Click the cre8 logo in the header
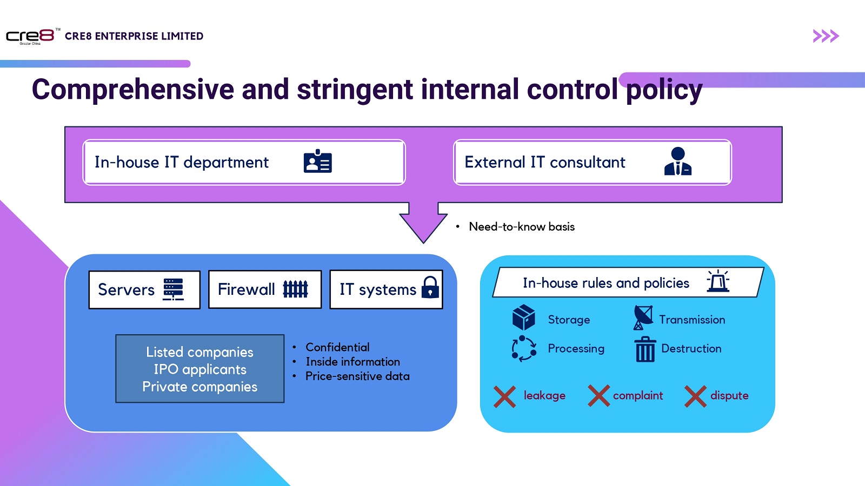tap(30, 36)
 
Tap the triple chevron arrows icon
tap(826, 36)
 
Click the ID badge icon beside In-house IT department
tap(317, 161)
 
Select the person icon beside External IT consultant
tap(677, 161)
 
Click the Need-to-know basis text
tap(521, 227)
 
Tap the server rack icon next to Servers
tap(174, 289)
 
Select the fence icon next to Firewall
tap(295, 289)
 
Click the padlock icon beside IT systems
tap(430, 287)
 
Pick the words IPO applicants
tap(200, 369)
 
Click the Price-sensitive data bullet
tap(357, 376)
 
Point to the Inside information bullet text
tap(352, 362)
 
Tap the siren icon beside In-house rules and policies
tap(718, 281)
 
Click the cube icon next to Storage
tap(523, 318)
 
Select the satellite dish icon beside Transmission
tap(643, 318)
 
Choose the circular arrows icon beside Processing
tap(524, 348)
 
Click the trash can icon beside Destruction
tap(645, 349)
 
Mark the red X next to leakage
tap(504, 396)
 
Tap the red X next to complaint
tap(598, 396)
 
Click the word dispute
tap(729, 396)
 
